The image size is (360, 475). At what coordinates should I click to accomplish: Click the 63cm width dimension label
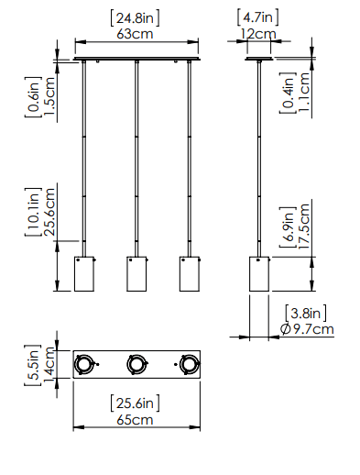click(x=135, y=34)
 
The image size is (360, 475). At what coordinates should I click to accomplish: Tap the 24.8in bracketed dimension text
click(x=135, y=18)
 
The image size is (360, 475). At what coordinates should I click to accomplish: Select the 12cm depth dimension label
click(x=258, y=34)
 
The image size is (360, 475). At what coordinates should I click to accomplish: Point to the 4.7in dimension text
click(x=258, y=17)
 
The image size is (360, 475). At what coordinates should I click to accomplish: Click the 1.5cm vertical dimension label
click(x=49, y=96)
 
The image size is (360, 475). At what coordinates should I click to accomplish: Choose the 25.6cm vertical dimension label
click(x=49, y=212)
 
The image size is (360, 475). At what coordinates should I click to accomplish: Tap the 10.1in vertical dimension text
click(x=33, y=212)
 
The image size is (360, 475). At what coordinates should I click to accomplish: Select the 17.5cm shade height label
click(x=304, y=226)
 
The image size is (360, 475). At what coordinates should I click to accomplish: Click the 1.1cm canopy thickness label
click(x=304, y=93)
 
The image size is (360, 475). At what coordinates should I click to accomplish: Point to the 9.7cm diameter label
click(x=313, y=329)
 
